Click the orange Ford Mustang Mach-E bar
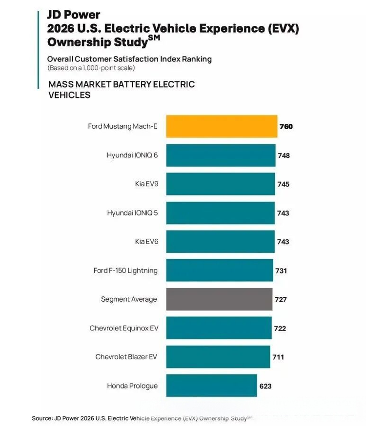point(222,126)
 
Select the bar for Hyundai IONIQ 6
point(221,155)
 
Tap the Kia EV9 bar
point(220,184)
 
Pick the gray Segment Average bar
point(219,299)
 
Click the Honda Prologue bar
point(211,386)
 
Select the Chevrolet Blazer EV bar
point(218,357)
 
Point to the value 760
point(286,127)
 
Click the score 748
point(284,155)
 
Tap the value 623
point(265,386)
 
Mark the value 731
point(281,271)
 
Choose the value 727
point(281,299)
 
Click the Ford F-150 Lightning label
point(125,271)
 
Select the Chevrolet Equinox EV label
point(123,328)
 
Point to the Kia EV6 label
point(146,242)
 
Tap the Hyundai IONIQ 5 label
point(132,213)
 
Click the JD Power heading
point(74,15)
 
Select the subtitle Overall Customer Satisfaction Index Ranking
point(129,59)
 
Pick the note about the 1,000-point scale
point(91,68)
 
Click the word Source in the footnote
point(41,418)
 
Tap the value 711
point(278,357)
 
